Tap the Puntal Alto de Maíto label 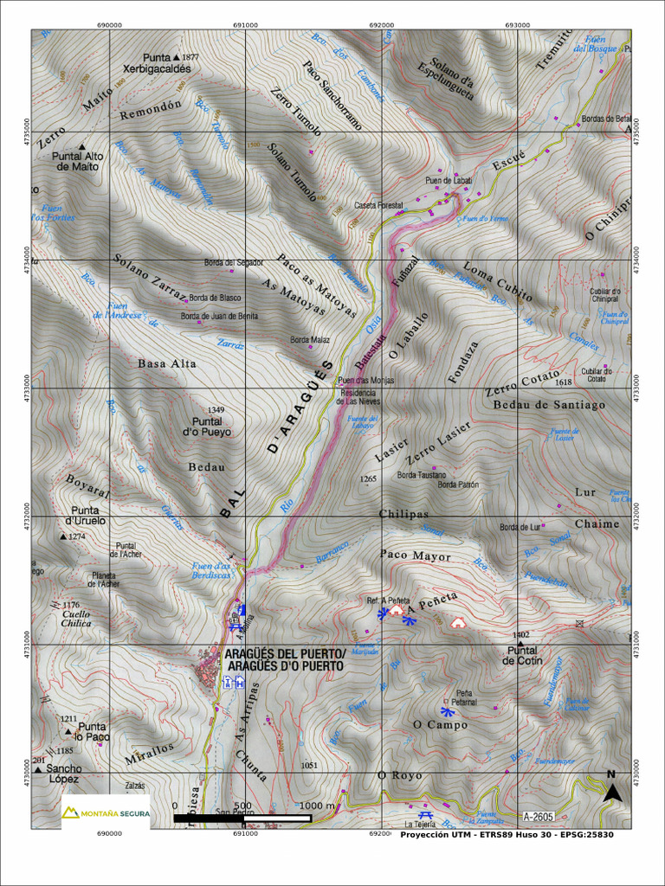click(x=78, y=161)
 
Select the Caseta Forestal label click(x=379, y=205)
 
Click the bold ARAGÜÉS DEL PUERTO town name click(x=285, y=660)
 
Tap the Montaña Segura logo click(x=105, y=813)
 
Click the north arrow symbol click(x=611, y=789)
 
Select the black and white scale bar click(x=242, y=818)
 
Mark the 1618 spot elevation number click(x=564, y=382)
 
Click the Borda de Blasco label click(x=216, y=298)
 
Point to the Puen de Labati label click(x=449, y=180)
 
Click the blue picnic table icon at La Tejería click(x=425, y=815)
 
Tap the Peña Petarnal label click(x=466, y=697)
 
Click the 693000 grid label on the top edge click(x=517, y=25)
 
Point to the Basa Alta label click(x=167, y=364)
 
